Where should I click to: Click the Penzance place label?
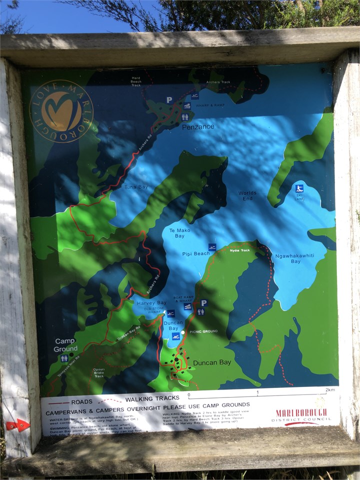coord(198,126)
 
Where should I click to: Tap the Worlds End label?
coord(247,195)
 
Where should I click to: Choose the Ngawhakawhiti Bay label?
coord(288,258)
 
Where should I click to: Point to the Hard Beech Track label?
coord(136,81)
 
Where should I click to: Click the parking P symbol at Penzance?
coord(169,100)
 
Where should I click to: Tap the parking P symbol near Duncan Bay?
coord(203,303)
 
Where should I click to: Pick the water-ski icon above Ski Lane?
coord(299,188)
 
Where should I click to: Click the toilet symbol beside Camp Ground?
coord(64,358)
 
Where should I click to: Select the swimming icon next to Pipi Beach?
coord(212,247)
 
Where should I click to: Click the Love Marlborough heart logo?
coord(61,111)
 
